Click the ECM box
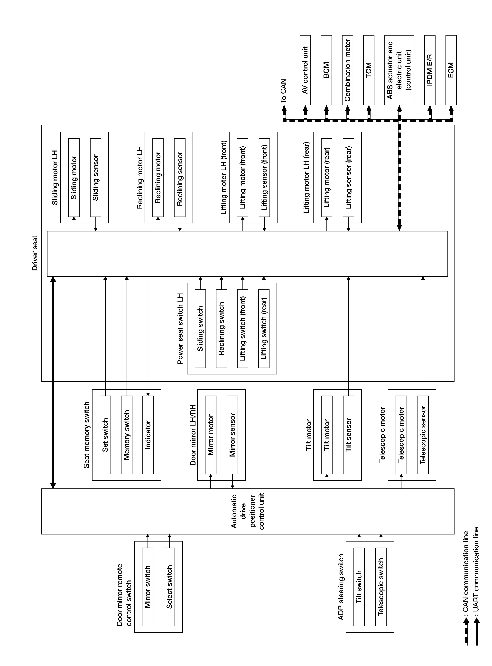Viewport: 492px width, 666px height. pos(451,70)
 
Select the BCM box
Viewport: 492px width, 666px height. pos(326,70)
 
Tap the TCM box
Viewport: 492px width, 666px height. pos(368,70)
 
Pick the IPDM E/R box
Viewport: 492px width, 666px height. pos(429,70)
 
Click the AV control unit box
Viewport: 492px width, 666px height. pos(305,70)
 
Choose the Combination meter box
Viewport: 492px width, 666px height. pos(347,70)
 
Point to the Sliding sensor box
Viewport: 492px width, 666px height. pos(96,178)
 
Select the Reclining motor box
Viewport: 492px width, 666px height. pos(158,178)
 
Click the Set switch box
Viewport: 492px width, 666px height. pos(105,435)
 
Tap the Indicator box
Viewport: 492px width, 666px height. pos(148,435)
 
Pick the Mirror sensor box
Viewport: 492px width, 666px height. pos(232,435)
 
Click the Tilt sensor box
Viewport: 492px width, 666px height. pos(348,435)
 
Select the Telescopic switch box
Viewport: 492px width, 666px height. pos(381,587)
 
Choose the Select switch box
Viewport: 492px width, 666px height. pos(169,587)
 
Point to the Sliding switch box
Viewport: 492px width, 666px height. pos(200,329)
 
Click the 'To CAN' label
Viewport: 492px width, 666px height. pos(283,91)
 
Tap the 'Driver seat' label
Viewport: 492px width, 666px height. pos(35,253)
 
